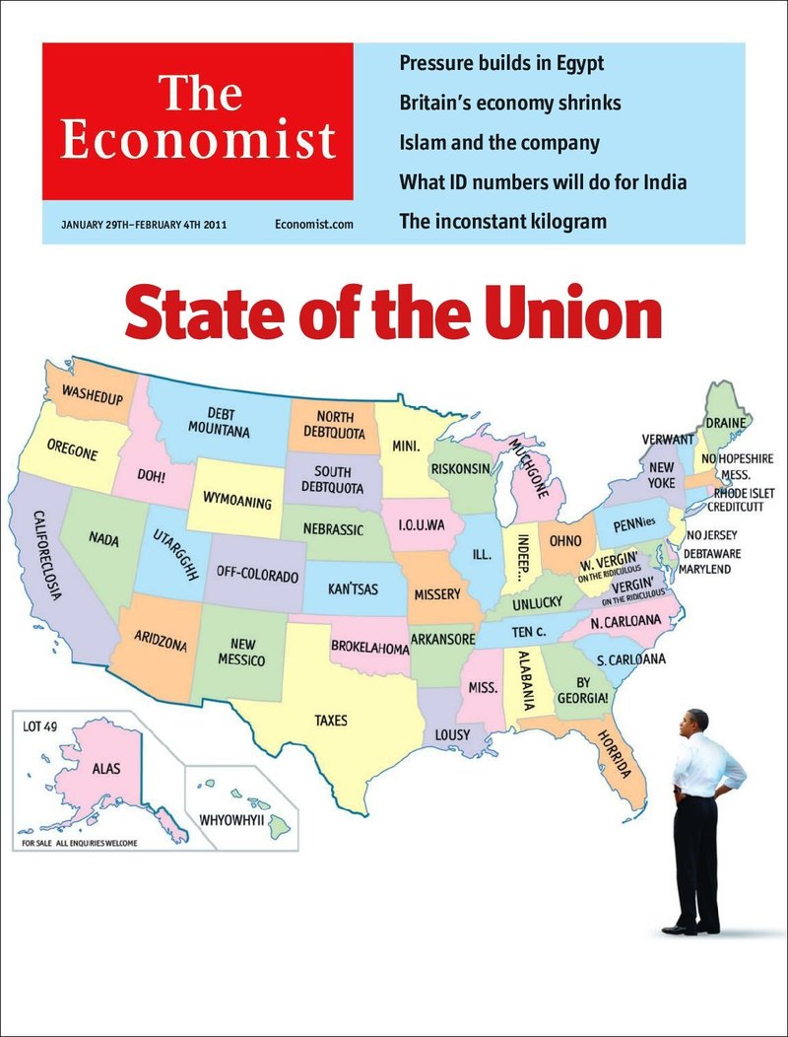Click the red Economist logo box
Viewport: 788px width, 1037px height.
(x=197, y=121)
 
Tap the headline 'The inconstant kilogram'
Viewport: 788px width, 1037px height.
(x=502, y=221)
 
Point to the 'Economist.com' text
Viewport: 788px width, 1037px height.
(x=313, y=225)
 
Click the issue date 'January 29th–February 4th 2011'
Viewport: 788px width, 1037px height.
(x=144, y=225)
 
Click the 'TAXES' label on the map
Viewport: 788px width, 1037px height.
(x=331, y=721)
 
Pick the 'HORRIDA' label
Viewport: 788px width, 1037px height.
(x=614, y=755)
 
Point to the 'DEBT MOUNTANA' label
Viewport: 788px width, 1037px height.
(x=220, y=423)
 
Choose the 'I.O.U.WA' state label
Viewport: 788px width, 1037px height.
(x=422, y=523)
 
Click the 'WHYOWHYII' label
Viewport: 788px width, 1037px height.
(x=232, y=819)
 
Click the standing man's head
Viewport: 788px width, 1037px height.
(x=696, y=722)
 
